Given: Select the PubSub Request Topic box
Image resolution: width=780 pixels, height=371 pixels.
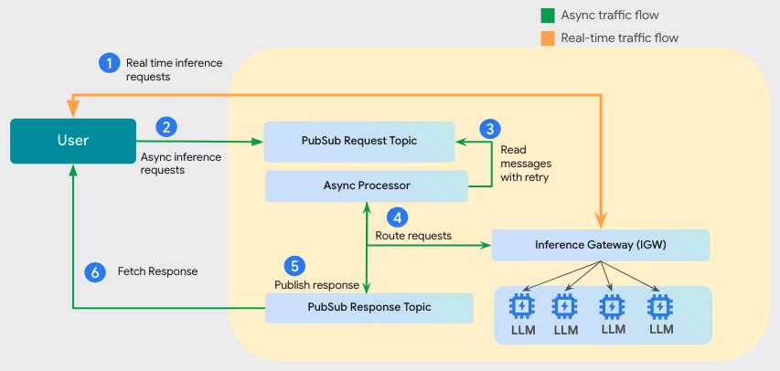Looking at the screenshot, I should [358, 140].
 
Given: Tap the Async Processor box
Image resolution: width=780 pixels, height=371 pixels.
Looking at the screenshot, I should [358, 185].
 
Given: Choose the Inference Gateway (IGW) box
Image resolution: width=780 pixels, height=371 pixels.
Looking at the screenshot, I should [600, 245].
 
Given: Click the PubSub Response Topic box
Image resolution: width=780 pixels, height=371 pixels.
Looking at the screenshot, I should [369, 306].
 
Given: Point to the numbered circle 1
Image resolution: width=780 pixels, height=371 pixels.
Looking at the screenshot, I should [109, 62].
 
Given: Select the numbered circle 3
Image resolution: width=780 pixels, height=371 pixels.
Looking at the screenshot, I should [491, 129].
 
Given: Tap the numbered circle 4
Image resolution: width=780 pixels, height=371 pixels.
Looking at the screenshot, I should [396, 217].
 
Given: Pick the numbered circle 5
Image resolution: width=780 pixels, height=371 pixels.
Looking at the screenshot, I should [294, 266].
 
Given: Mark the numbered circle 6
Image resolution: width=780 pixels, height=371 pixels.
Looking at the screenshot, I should [93, 271].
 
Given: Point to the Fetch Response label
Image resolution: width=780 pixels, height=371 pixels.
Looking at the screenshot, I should [157, 271].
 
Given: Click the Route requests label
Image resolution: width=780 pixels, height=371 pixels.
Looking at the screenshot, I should [413, 235].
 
